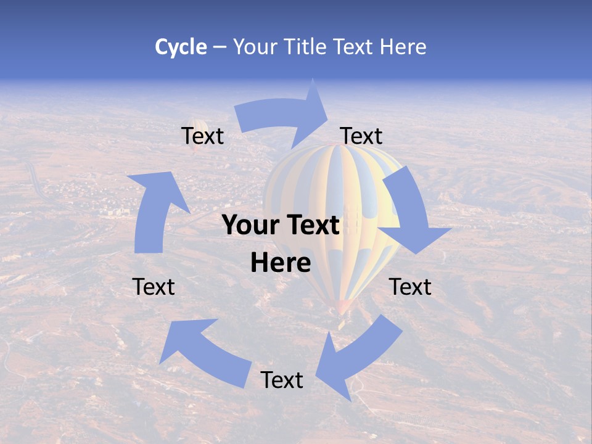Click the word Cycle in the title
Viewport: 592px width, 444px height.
click(x=181, y=47)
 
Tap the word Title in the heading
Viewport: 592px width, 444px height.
click(x=306, y=47)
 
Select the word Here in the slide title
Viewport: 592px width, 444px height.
click(x=403, y=47)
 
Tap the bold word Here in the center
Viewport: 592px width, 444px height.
click(x=281, y=263)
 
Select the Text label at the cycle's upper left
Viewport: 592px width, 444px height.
click(x=202, y=136)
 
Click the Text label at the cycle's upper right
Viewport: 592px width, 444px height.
click(x=361, y=136)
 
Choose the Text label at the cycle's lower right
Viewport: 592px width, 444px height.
click(x=410, y=287)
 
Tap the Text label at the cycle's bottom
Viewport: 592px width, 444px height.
click(x=282, y=380)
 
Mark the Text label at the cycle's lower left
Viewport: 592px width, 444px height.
click(x=154, y=287)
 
